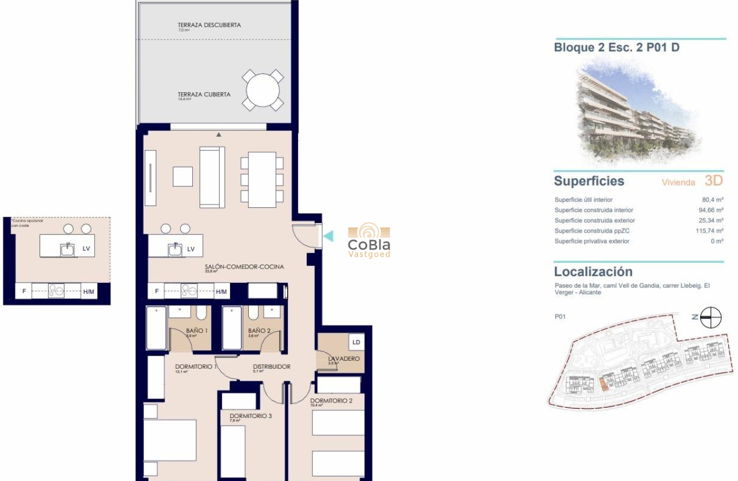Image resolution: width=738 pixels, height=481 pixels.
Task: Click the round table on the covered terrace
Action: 263,90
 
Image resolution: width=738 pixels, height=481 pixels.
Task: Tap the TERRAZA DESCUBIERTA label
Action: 209,25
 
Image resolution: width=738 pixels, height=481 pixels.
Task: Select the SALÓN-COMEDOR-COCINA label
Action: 244,267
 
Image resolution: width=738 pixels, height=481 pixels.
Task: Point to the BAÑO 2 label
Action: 259,330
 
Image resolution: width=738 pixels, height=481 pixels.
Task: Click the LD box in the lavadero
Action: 356,342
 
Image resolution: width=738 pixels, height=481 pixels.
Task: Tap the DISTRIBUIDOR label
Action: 272,367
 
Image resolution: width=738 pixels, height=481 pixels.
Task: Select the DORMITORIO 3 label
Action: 250,416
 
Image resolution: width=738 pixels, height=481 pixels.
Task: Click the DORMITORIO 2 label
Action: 331,401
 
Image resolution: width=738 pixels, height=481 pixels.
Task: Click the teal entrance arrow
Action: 328,235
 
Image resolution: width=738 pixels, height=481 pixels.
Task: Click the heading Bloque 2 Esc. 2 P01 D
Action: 617,48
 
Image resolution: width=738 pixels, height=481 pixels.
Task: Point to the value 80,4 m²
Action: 712,200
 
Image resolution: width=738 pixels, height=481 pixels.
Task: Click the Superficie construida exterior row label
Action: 594,220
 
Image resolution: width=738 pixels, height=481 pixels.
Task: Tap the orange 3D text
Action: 713,181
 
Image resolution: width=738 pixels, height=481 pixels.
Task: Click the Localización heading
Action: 593,271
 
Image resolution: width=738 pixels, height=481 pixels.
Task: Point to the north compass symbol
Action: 711,317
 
